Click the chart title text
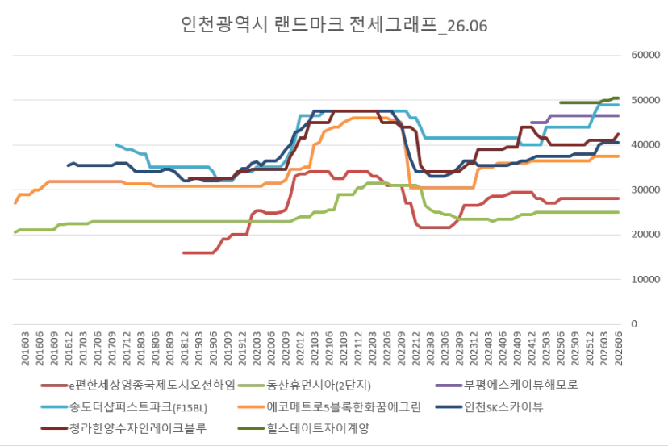tap(334, 25)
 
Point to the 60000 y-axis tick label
tap(645, 55)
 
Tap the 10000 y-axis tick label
tap(645, 279)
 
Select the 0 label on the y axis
tap(634, 324)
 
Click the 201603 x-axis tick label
tap(25, 348)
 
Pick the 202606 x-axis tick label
tap(619, 348)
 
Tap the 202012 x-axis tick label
tap(300, 348)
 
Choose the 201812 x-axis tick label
tap(185, 348)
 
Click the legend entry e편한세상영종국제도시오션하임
tap(138, 385)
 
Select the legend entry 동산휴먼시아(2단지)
tap(304, 385)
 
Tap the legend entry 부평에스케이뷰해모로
tap(507, 385)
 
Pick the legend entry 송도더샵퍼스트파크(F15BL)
tap(124, 407)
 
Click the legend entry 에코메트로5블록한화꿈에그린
tap(330, 407)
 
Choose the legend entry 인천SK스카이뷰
tap(490, 407)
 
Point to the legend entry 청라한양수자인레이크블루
tap(123, 428)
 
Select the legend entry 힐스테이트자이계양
tap(303, 428)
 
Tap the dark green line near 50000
tap(589, 102)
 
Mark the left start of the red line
tap(184, 253)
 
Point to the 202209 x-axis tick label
tap(402, 348)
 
